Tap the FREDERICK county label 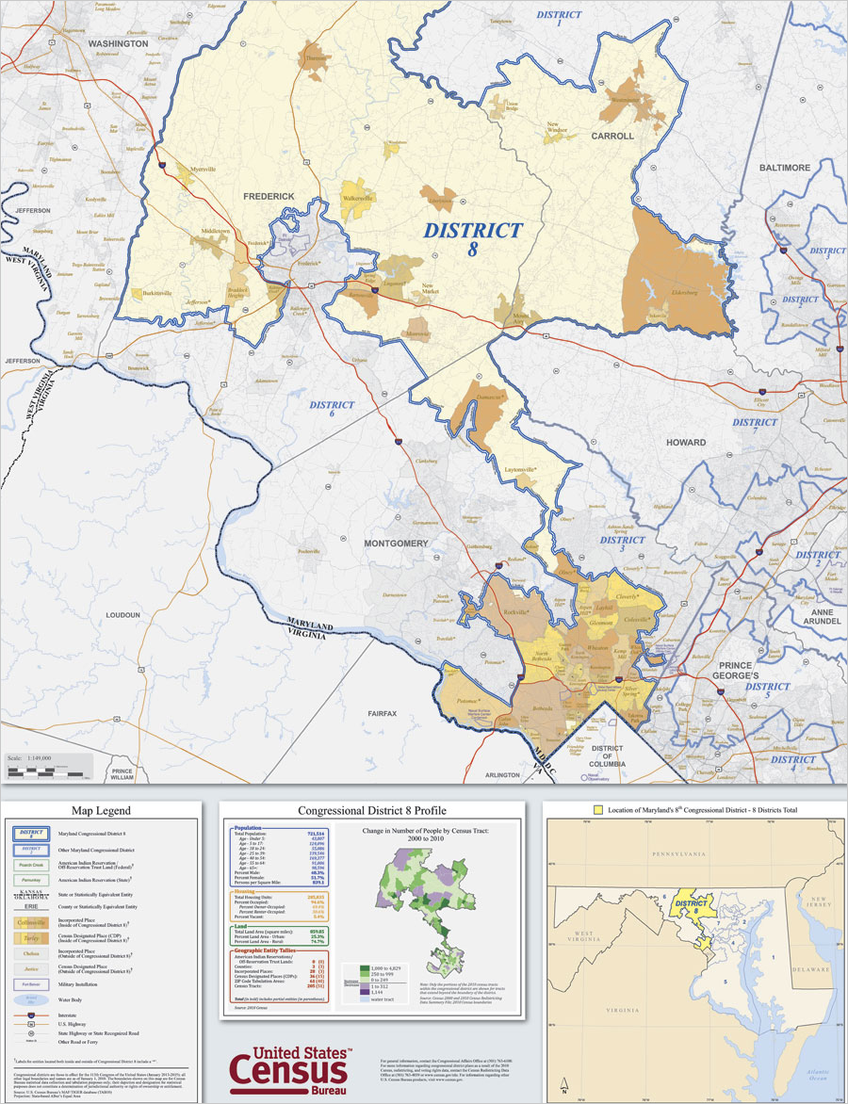[268, 196]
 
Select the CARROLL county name [612, 136]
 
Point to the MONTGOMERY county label [397, 544]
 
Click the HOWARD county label [686, 442]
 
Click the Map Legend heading [101, 810]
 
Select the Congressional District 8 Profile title [372, 810]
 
